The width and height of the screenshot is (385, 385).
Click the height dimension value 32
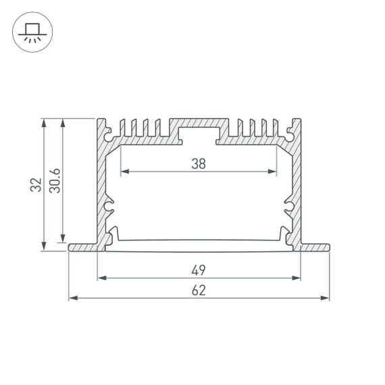(x=38, y=184)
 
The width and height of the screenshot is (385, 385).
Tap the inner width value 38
(x=199, y=163)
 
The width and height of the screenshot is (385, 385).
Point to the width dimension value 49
(x=199, y=270)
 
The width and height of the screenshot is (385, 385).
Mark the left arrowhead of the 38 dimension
(x=123, y=172)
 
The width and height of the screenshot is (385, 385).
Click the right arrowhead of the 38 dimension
(x=274, y=172)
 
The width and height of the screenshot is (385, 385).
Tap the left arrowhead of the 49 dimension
(x=101, y=277)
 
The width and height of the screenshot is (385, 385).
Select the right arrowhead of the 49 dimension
(x=297, y=277)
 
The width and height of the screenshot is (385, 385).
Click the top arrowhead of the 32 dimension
(x=45, y=122)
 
